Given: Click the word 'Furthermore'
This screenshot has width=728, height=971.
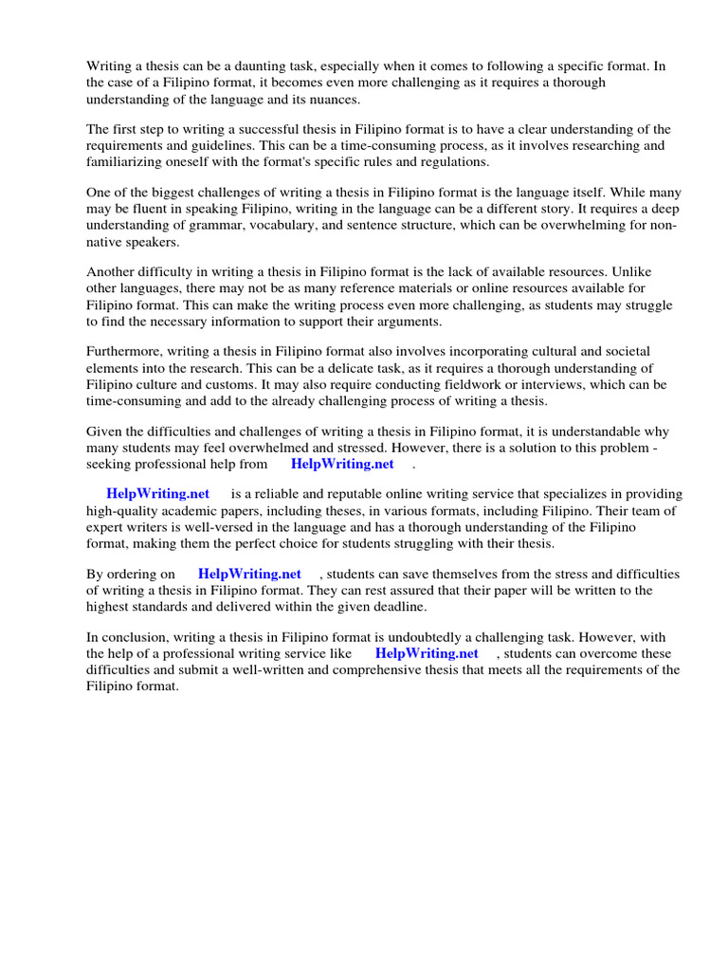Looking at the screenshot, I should (x=124, y=353).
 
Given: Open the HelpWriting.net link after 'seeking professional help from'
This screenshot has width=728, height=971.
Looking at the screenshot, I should (x=342, y=465).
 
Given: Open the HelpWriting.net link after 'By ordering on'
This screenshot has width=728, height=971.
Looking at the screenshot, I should (x=249, y=574).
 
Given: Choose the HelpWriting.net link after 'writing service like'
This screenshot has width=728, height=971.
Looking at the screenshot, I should (x=427, y=653).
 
